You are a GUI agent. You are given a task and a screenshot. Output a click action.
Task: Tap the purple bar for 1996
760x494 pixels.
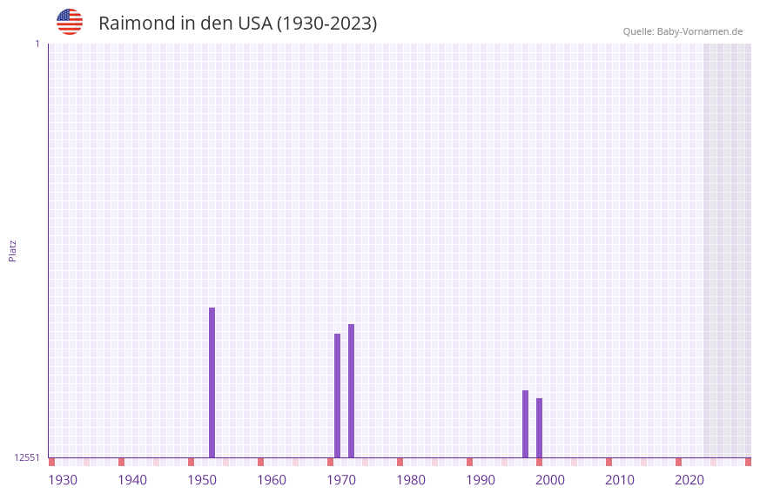pos(525,423)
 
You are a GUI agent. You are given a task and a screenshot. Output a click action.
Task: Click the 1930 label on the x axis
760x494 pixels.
pos(63,480)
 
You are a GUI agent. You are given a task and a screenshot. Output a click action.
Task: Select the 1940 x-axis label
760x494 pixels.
pos(132,480)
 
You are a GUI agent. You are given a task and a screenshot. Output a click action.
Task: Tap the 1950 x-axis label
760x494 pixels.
pos(202,480)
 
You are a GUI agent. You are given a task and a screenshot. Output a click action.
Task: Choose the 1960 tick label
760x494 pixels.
pos(272,480)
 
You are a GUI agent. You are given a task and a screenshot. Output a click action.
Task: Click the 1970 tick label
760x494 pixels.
pos(341,480)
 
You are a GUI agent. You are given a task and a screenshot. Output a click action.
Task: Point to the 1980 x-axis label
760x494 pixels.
pos(411,480)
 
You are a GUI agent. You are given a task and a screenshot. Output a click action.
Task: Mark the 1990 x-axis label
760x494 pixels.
pos(481,480)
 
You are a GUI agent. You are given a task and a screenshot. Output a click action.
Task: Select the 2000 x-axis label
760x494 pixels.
pos(550,480)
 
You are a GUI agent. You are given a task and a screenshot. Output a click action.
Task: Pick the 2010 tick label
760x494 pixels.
pos(620,480)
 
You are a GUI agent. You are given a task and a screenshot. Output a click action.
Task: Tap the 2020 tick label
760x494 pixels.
pos(689,480)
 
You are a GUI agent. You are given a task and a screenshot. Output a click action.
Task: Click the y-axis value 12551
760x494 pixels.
pos(27,457)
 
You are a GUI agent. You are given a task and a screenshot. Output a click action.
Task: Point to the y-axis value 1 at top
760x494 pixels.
pos(37,44)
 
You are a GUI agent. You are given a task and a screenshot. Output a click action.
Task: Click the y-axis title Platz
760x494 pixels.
pos(12,250)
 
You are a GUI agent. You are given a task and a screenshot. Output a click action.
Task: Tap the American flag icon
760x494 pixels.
pos(70,22)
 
